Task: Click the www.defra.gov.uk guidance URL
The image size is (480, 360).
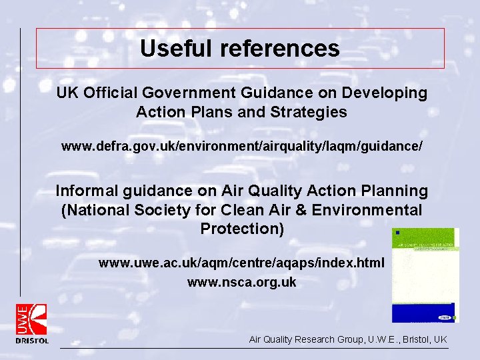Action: click(x=241, y=145)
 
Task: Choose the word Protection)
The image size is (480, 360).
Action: click(x=241, y=229)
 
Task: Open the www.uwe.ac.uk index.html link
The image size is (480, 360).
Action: click(x=241, y=263)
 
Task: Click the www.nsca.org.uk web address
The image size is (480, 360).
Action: click(x=241, y=283)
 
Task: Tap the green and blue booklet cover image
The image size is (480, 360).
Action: click(x=425, y=275)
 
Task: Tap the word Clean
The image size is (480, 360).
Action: click(x=245, y=210)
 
